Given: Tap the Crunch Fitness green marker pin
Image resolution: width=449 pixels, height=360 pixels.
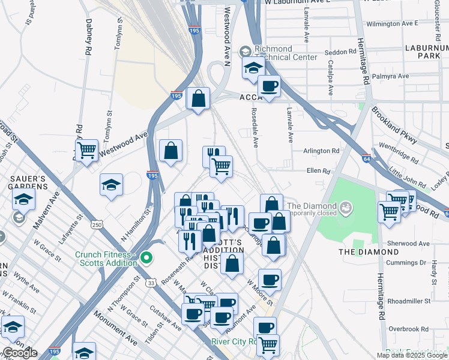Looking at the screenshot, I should pyautogui.click(x=146, y=259).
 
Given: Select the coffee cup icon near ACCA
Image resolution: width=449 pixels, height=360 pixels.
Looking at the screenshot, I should pyautogui.click(x=269, y=86).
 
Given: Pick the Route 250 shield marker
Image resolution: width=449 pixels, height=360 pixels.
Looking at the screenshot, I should pyautogui.click(x=97, y=224).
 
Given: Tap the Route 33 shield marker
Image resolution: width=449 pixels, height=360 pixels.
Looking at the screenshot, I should pyautogui.click(x=151, y=282).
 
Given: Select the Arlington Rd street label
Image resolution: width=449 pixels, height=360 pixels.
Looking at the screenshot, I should pyautogui.click(x=322, y=151).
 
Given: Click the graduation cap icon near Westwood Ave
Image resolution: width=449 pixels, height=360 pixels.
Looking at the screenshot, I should pyautogui.click(x=111, y=185).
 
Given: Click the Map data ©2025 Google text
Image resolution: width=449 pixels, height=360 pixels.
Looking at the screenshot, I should pyautogui.click(x=412, y=355).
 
